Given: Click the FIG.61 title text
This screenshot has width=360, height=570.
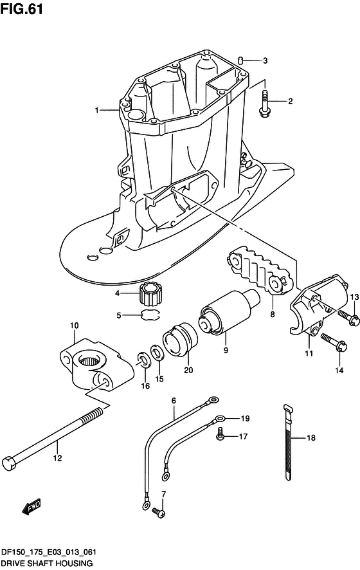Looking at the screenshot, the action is [21, 9].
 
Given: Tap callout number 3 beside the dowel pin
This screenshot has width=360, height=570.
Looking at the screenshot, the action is [265, 60].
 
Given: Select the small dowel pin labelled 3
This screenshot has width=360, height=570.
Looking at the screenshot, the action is [240, 60].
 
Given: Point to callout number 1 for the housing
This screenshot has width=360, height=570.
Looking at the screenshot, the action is [97, 110].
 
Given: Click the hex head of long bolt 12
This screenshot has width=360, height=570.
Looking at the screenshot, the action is [9, 464].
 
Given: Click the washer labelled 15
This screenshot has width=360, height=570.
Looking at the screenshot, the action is [156, 352].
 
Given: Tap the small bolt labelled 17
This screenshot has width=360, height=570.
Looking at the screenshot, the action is [220, 436].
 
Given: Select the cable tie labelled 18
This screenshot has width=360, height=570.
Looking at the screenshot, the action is [287, 443].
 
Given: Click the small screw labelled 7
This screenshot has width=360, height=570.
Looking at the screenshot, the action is [159, 511].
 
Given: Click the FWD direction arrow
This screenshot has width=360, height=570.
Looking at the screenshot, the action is [32, 507].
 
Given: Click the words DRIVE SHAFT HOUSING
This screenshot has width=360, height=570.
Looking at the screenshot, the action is [46, 564].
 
